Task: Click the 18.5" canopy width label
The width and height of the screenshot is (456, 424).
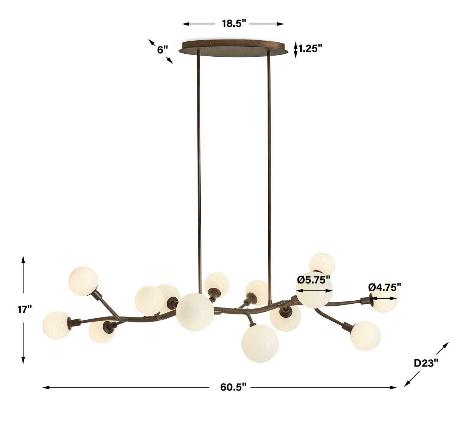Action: click(x=234, y=24)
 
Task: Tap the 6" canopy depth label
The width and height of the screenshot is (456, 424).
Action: click(x=163, y=50)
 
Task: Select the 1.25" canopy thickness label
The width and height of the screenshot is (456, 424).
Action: click(x=310, y=49)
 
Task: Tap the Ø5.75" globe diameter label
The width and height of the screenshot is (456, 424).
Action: click(x=313, y=280)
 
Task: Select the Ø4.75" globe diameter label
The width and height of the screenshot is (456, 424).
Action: click(x=384, y=287)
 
